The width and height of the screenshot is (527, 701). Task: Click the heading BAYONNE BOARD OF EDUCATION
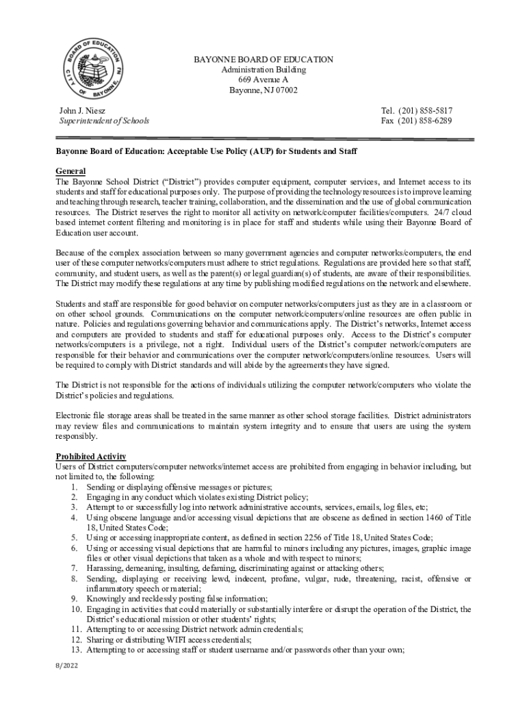[x=263, y=60]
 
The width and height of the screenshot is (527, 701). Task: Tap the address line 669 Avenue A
[x=263, y=80]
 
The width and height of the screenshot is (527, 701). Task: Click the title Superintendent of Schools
[x=104, y=120]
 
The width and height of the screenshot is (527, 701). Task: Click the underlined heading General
[x=70, y=170]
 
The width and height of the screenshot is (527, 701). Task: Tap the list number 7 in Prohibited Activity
[x=73, y=568]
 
